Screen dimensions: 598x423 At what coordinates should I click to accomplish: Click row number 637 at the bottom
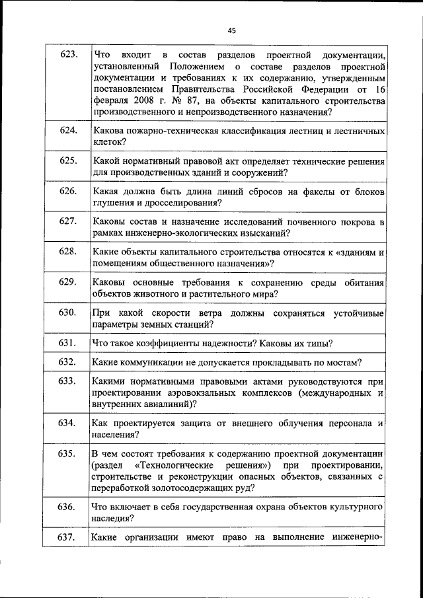pyautogui.click(x=65, y=537)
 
